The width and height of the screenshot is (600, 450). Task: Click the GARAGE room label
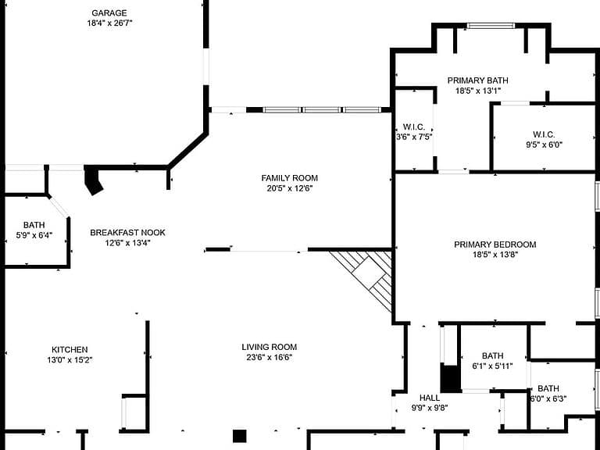[x=109, y=13]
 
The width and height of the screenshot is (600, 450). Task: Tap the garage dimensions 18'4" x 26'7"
[x=109, y=23]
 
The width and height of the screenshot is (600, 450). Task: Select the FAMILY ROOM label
[x=290, y=178]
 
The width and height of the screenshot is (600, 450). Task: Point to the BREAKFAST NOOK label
[x=128, y=233]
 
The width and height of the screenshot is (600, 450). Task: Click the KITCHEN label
[x=70, y=350]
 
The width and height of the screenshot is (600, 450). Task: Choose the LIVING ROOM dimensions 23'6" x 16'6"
[x=270, y=357]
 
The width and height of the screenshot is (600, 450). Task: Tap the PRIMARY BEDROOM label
[x=495, y=245]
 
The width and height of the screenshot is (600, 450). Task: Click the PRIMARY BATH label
[x=478, y=80]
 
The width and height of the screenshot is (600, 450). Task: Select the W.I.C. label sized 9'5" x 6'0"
[x=544, y=134]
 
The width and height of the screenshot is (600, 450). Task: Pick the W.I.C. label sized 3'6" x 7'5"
[x=414, y=127]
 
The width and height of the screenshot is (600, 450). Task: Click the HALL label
[x=430, y=398]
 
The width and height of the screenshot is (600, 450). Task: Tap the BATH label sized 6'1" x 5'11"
[x=493, y=356]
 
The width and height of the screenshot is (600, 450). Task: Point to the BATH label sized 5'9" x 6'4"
[x=34, y=225]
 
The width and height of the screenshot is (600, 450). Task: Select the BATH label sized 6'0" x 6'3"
[x=548, y=388]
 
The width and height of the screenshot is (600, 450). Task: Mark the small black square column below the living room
[x=240, y=436]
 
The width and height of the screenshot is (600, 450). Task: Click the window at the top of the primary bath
[x=491, y=26]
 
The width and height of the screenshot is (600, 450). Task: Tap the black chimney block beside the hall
[x=450, y=379]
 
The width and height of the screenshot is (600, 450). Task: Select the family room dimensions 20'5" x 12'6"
[x=290, y=188]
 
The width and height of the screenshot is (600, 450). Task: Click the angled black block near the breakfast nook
[x=93, y=180]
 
